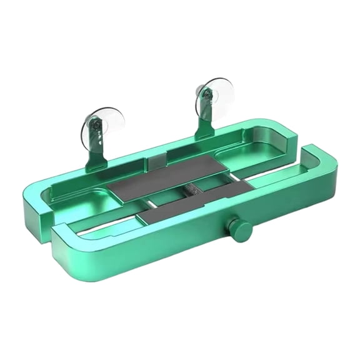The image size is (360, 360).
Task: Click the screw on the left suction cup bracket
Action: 94,127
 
